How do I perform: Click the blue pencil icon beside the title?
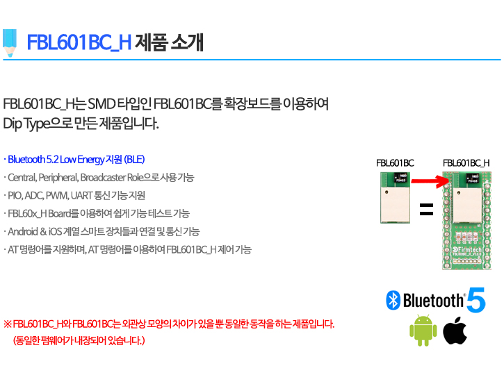[x=10, y=43]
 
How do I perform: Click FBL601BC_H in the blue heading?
[x=79, y=42]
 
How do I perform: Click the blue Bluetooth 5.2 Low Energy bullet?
[x=74, y=159]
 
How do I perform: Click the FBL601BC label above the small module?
[x=395, y=163]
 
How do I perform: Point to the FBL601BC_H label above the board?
[x=466, y=163]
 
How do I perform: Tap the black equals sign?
[x=427, y=209]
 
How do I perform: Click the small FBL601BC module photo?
[x=395, y=197]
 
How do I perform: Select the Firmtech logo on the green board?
[x=466, y=250]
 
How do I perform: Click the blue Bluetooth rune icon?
[x=393, y=300]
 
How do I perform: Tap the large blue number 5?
[x=476, y=300]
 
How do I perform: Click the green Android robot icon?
[x=423, y=331]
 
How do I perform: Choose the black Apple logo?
[x=455, y=331]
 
